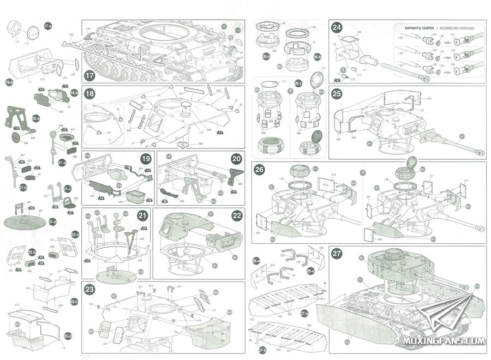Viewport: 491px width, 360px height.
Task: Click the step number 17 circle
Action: (x=90, y=76)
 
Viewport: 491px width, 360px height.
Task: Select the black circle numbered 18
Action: (x=90, y=93)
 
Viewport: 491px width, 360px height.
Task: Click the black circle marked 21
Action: (x=142, y=216)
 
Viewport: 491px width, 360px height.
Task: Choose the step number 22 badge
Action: (x=237, y=215)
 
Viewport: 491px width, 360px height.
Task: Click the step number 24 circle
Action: (x=337, y=28)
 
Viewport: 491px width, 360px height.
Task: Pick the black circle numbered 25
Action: (x=337, y=93)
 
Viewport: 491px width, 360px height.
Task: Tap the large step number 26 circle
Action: (x=261, y=169)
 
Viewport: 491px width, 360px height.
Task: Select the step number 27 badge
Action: (x=337, y=254)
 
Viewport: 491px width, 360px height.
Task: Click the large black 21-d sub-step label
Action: (x=52, y=222)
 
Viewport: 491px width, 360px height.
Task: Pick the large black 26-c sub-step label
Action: (x=298, y=83)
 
